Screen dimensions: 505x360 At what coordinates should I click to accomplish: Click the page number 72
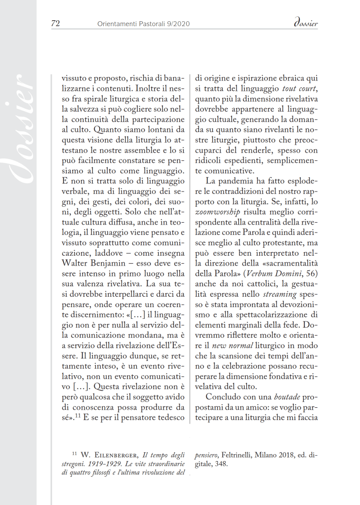pos(55,23)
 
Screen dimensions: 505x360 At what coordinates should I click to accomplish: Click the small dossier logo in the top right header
pos(305,23)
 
